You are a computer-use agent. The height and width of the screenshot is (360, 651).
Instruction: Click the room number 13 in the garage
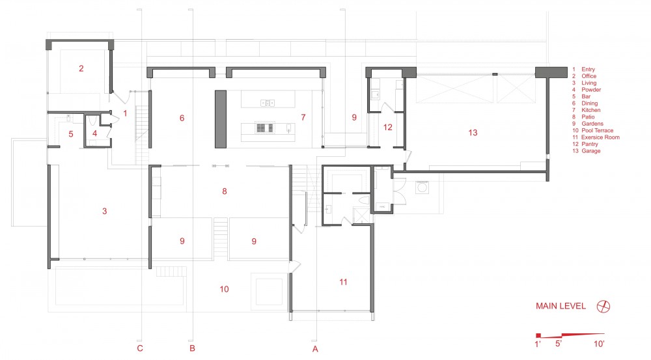[473, 133]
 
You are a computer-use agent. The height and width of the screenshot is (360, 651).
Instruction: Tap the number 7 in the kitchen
[303, 118]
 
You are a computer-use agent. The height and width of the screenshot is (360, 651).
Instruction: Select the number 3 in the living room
[105, 212]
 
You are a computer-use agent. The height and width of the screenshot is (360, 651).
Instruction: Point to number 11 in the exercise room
[343, 283]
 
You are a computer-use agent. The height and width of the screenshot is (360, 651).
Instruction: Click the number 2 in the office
[81, 68]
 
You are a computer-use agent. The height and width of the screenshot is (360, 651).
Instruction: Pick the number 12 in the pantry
[388, 128]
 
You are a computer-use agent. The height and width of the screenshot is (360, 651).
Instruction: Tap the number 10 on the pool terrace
[224, 290]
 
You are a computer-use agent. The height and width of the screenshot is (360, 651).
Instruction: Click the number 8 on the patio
[225, 191]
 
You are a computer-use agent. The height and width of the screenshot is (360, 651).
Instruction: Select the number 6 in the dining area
[182, 118]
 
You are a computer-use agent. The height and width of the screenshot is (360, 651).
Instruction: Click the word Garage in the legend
[591, 151]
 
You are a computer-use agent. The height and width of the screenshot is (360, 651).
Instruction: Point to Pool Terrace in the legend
[598, 130]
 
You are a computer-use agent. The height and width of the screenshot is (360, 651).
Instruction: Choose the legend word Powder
[591, 90]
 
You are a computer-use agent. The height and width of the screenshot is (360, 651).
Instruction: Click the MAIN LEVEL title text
[561, 306]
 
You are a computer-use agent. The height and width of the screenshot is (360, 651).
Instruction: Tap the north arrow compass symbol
[603, 307]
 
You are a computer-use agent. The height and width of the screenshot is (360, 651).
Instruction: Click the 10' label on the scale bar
[599, 344]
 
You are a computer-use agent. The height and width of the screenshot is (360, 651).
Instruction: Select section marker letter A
[315, 349]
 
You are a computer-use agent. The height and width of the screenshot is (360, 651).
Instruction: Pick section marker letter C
[140, 348]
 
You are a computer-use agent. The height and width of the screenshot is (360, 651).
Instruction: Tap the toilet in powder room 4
[92, 120]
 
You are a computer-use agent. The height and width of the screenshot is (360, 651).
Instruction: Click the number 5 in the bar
[71, 134]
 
